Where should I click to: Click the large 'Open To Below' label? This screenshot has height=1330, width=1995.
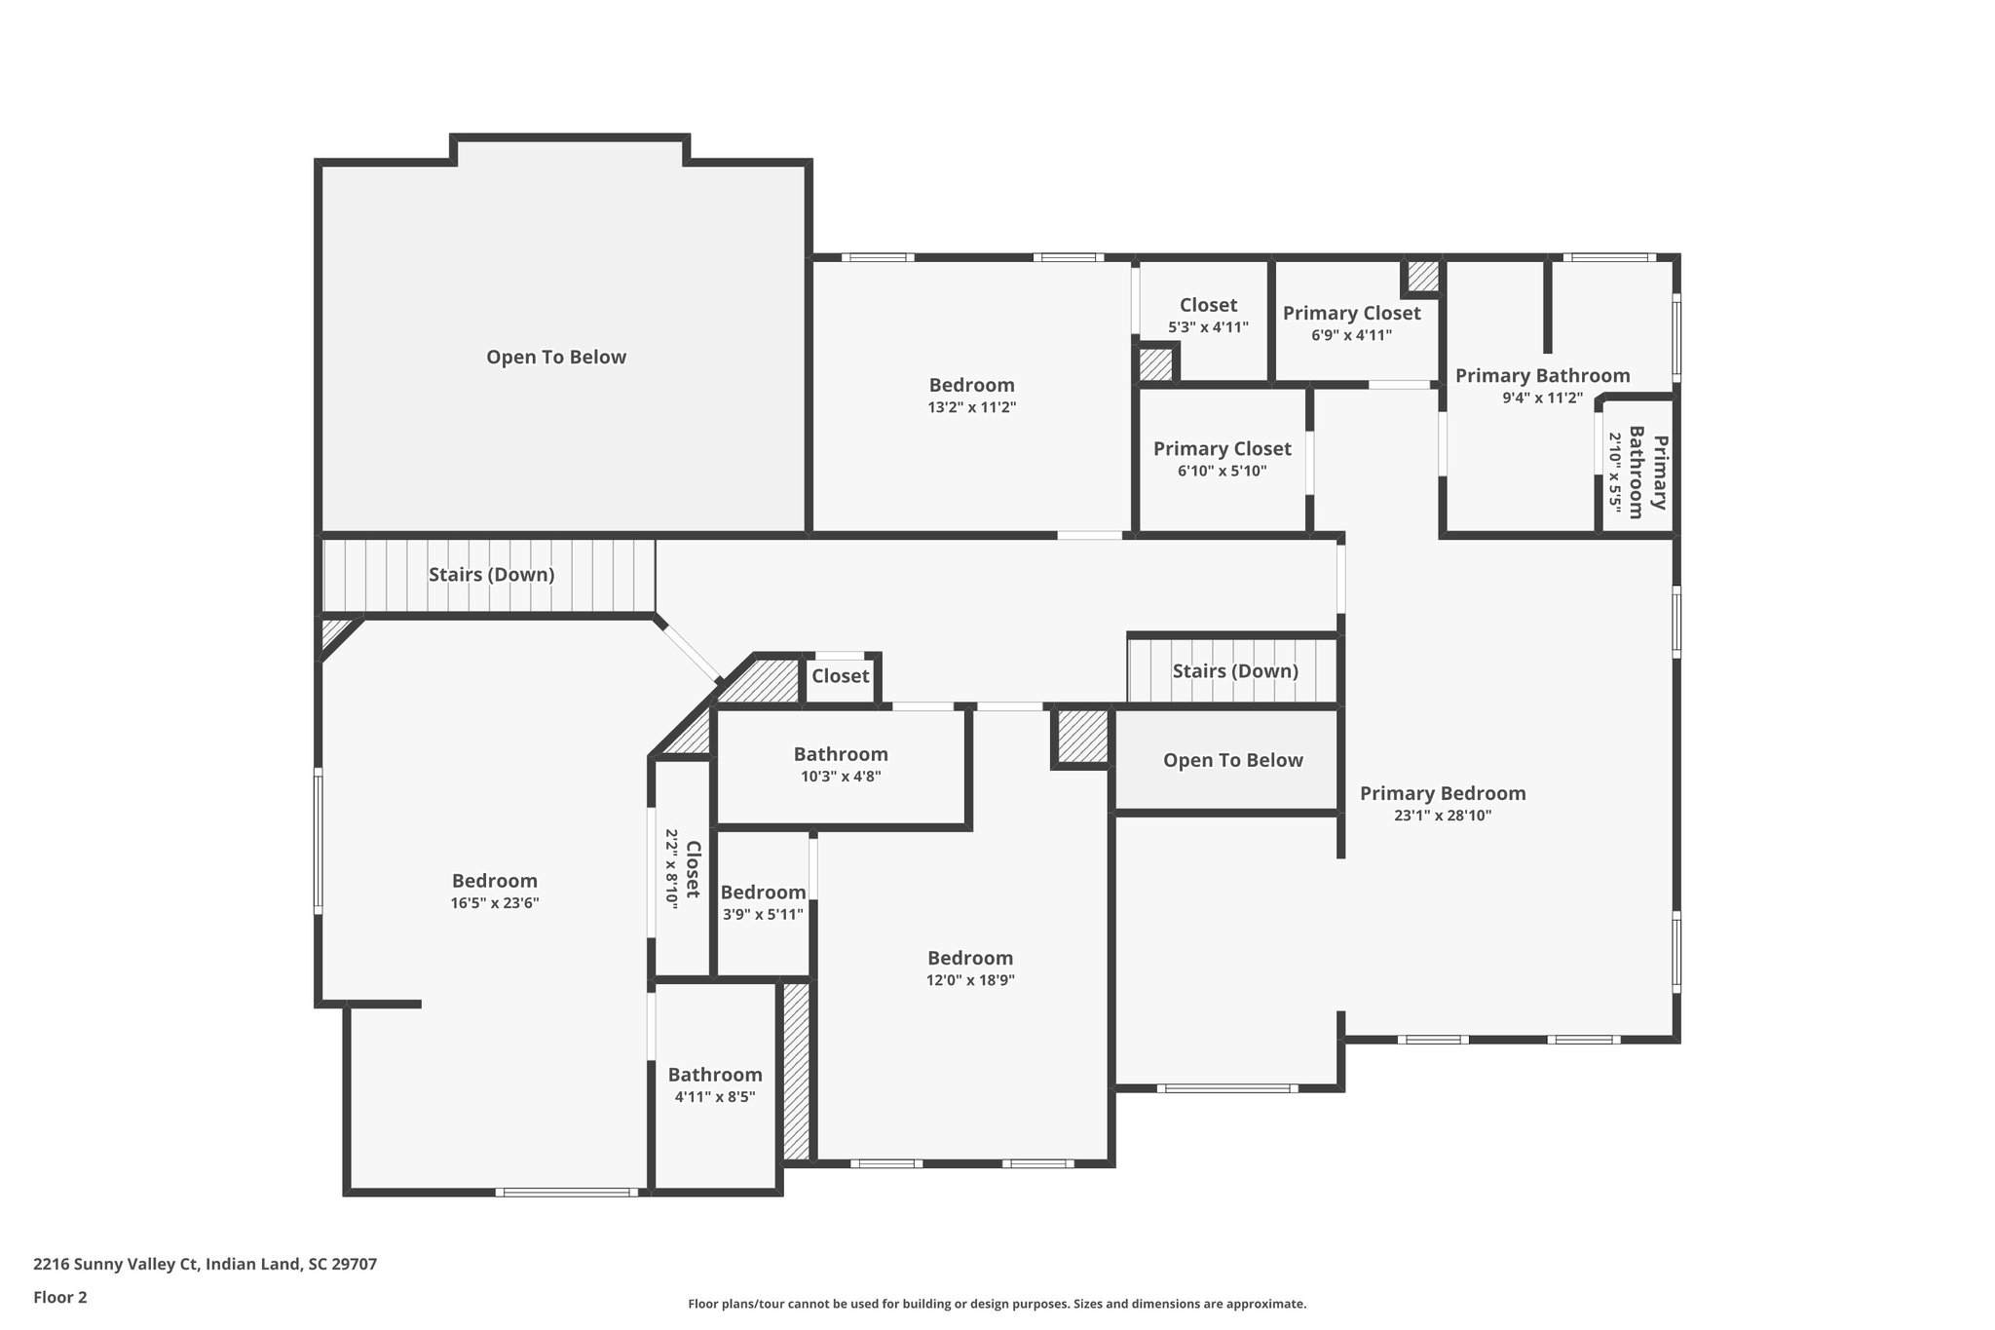click(x=556, y=357)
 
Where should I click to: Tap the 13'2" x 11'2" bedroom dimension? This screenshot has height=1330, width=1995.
click(x=971, y=407)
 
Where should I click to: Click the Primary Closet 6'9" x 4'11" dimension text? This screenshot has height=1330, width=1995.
click(x=1351, y=335)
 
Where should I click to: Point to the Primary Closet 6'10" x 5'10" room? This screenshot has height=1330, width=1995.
click(x=1222, y=459)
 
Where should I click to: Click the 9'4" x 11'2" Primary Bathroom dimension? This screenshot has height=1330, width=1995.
click(x=1542, y=398)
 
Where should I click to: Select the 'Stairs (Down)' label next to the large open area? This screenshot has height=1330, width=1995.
click(x=491, y=575)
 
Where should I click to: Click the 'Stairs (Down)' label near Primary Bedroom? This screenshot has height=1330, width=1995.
click(x=1234, y=671)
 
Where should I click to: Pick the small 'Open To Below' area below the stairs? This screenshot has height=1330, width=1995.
click(x=1232, y=760)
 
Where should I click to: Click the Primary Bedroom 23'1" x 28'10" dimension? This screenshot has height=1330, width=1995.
click(x=1443, y=816)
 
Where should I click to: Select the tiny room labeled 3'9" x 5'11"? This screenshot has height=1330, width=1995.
click(x=763, y=902)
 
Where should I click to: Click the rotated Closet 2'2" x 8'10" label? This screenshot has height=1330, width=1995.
click(x=683, y=869)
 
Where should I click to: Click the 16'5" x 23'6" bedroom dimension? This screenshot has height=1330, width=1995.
click(x=494, y=903)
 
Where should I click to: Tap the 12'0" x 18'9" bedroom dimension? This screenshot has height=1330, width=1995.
click(x=970, y=980)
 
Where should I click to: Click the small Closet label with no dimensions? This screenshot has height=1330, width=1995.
click(x=840, y=676)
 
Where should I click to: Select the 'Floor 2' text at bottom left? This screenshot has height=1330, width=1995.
click(x=60, y=1297)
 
